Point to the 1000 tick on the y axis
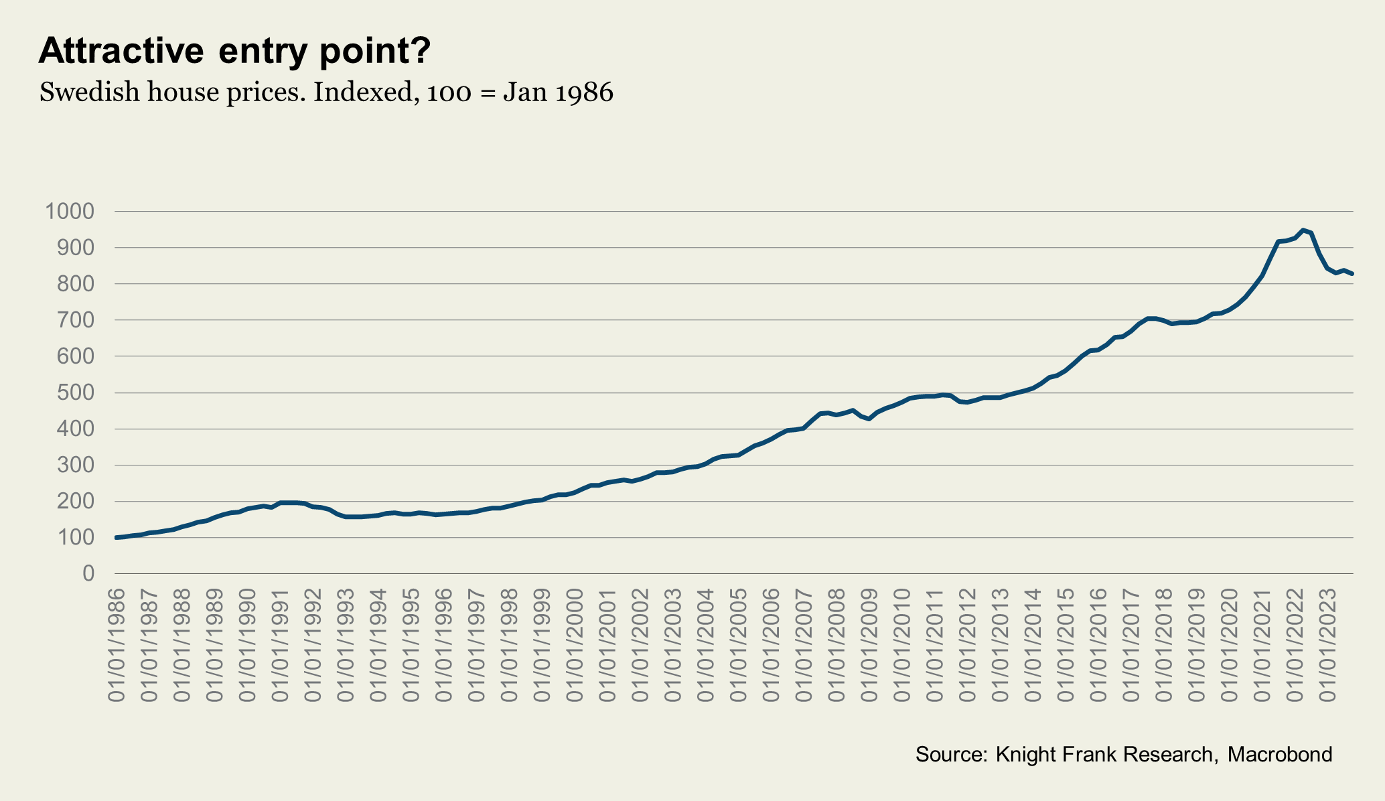pos(70,212)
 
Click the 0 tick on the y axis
pos(88,573)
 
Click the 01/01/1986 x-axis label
pos(117,645)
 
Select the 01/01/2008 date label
pos(837,645)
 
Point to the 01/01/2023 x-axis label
pos(1328,645)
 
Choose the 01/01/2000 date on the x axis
pos(575,645)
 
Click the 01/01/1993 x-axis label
pos(346,645)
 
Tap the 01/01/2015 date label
pos(1066,645)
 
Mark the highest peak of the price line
pos(1303,230)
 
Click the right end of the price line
pos(1352,273)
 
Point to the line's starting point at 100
pos(117,537)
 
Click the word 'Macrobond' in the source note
pos(1280,754)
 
